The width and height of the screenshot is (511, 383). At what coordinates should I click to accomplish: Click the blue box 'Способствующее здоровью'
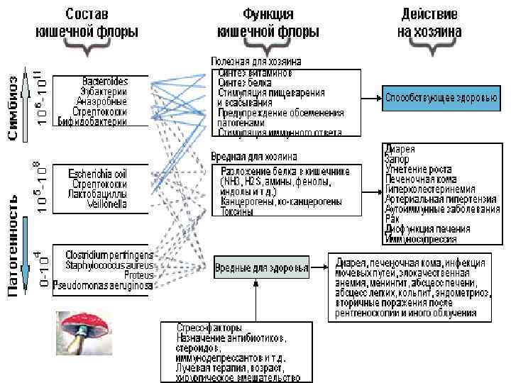[x=441, y=97]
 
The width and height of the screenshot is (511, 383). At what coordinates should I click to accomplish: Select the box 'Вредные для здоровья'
[x=262, y=269]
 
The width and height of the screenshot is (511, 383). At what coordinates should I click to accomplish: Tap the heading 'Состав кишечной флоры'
[x=87, y=24]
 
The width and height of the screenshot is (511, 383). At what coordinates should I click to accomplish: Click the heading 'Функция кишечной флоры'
[x=268, y=24]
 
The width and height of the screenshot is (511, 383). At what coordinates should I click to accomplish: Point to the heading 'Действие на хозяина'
[x=430, y=24]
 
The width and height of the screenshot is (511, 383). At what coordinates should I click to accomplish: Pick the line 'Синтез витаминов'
[x=254, y=72]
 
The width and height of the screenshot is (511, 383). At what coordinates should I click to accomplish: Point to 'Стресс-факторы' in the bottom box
[x=211, y=328]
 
